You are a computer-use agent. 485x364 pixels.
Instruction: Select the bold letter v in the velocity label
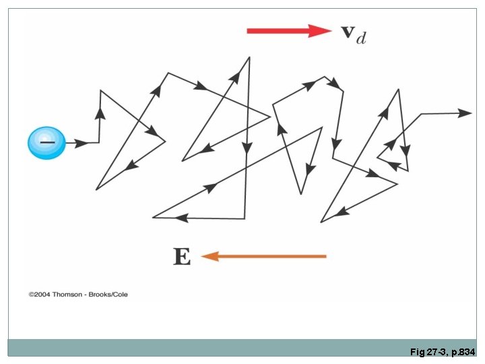(x=348, y=32)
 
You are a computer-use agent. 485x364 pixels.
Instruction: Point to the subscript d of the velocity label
(x=362, y=38)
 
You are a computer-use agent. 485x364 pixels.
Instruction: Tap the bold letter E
(x=182, y=256)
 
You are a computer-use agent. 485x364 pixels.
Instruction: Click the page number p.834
(x=463, y=352)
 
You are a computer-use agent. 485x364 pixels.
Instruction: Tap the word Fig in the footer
(x=416, y=352)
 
